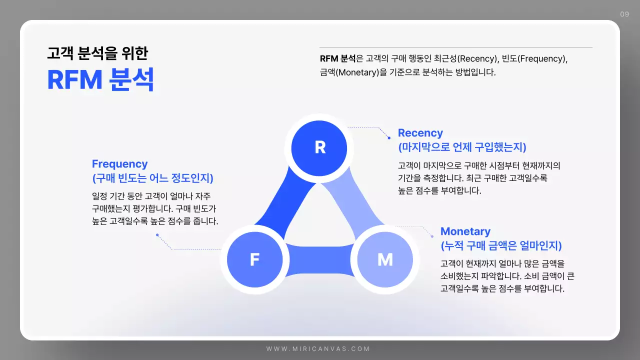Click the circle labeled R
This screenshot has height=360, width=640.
pyautogui.click(x=320, y=147)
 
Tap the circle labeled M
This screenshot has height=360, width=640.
pyautogui.click(x=384, y=259)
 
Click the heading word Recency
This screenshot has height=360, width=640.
pyautogui.click(x=420, y=133)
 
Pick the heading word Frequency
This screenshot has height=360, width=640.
pyautogui.click(x=119, y=164)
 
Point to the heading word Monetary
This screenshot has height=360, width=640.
pyautogui.click(x=465, y=231)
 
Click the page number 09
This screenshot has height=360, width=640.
pyautogui.click(x=624, y=14)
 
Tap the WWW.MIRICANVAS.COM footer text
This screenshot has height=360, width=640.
pyautogui.click(x=318, y=349)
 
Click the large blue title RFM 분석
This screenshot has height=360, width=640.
pyautogui.click(x=100, y=80)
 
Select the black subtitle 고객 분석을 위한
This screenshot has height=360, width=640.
pyautogui.click(x=97, y=53)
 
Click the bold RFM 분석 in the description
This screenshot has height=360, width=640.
pyautogui.click(x=337, y=58)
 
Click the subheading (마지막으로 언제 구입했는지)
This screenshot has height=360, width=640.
pyautogui.click(x=462, y=147)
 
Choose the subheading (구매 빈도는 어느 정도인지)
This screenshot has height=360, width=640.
pyautogui.click(x=152, y=178)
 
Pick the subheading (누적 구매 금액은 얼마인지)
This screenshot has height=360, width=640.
pyautogui.click(x=501, y=246)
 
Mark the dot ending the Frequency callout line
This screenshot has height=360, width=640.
pyautogui.click(x=157, y=234)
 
